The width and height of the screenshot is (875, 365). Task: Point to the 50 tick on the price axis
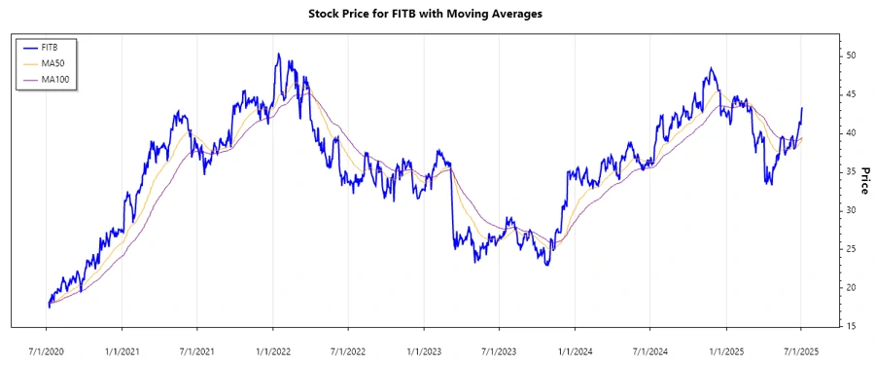pos(850,55)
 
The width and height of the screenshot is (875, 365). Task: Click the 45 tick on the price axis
pos(850,94)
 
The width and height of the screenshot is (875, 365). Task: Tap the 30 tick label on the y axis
pos(850,210)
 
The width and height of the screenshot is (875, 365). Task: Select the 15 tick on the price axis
pos(850,326)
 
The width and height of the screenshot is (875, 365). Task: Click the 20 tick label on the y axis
pos(850,288)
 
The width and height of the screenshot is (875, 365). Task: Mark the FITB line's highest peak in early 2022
pos(278,55)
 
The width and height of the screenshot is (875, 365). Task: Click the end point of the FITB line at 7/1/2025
pos(802,108)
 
